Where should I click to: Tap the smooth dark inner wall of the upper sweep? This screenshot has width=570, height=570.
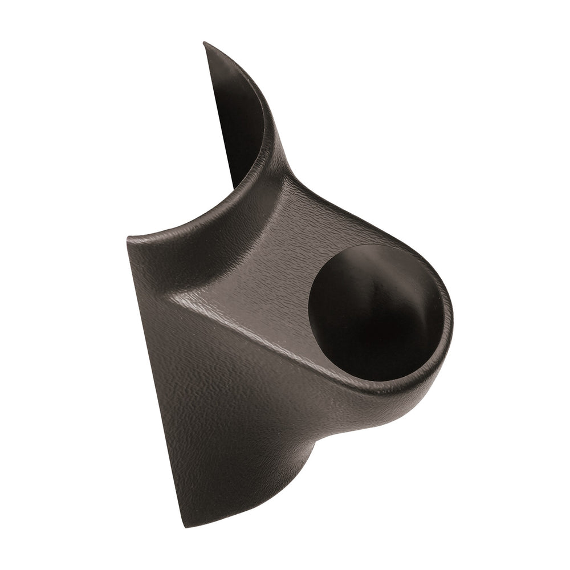[x=237, y=114]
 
